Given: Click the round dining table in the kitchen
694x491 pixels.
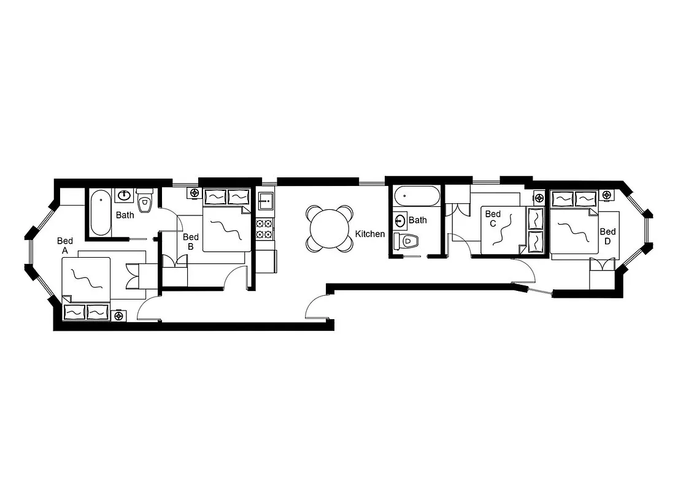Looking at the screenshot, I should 330,228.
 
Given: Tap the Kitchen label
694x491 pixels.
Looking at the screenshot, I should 370,234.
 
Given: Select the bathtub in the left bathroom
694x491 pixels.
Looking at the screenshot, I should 101,213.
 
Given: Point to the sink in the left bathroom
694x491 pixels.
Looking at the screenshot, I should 125,195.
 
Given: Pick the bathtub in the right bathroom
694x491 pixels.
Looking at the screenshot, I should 417,196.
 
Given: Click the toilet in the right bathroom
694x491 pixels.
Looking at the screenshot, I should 406,241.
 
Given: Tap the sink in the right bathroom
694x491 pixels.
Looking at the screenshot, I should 400,220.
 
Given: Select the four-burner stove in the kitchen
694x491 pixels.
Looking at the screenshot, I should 264,228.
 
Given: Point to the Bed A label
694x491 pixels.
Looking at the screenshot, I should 64,245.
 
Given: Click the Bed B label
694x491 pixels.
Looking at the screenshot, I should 190,242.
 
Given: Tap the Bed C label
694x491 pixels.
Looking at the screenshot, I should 493,218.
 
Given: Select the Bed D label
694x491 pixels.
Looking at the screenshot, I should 607,236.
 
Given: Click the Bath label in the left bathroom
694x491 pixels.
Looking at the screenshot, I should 125,215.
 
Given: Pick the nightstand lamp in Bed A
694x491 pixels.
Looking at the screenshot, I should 118,315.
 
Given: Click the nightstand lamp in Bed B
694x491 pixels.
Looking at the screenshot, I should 195,193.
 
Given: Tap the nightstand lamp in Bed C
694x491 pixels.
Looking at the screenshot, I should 539,198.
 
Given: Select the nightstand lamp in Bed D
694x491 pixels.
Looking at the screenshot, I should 606,195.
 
